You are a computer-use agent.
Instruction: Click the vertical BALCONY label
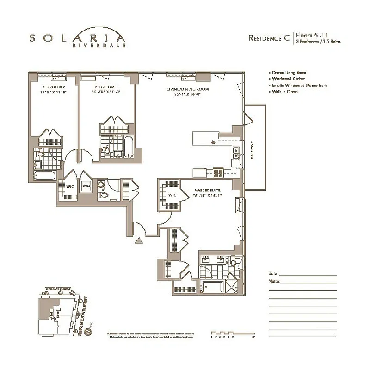(253, 150)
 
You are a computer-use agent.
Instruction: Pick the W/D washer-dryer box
(86, 186)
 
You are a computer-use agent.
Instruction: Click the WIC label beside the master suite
(173, 195)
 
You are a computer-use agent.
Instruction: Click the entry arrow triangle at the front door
(137, 240)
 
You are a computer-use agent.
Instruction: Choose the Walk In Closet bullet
(284, 92)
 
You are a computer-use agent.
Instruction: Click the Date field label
(273, 273)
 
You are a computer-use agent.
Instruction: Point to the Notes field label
(274, 281)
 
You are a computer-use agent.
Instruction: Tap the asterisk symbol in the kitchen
(213, 142)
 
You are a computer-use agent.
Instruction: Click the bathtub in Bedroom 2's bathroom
(45, 176)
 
